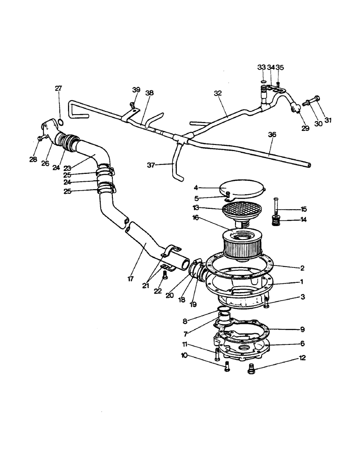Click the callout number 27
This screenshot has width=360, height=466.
pyautogui.click(x=59, y=89)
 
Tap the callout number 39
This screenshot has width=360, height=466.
pyautogui.click(x=136, y=89)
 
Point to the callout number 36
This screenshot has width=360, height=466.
pyautogui.click(x=272, y=135)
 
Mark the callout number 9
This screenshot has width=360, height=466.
pyautogui.click(x=302, y=329)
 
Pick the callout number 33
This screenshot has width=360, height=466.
pyautogui.click(x=262, y=67)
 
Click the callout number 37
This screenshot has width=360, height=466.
pyautogui.click(x=159, y=164)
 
